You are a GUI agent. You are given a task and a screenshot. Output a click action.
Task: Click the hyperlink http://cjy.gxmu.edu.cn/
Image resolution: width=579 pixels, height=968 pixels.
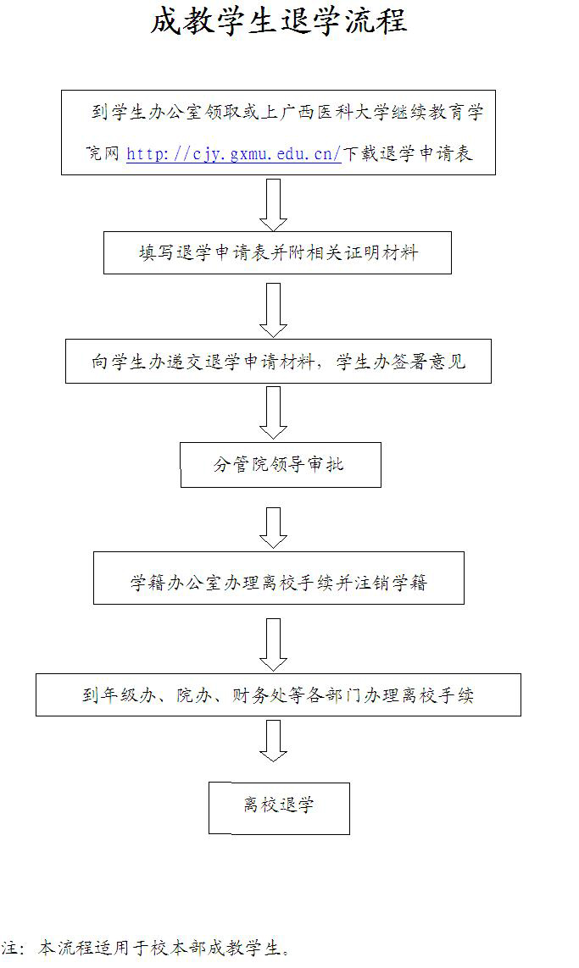pyautogui.click(x=233, y=153)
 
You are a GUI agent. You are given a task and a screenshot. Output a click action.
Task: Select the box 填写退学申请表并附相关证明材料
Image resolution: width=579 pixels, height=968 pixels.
pyautogui.click(x=277, y=252)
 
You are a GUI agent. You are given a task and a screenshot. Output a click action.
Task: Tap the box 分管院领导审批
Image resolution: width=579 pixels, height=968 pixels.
pyautogui.click(x=280, y=464)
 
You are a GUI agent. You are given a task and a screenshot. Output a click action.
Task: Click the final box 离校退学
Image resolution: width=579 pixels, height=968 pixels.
pyautogui.click(x=279, y=807)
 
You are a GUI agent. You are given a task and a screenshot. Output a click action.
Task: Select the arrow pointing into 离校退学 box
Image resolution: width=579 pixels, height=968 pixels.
pyautogui.click(x=273, y=740)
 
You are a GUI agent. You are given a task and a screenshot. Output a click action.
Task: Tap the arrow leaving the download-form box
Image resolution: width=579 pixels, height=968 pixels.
pyautogui.click(x=273, y=204)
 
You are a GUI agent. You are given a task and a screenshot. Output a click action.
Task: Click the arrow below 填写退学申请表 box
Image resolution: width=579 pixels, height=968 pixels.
pyautogui.click(x=273, y=310)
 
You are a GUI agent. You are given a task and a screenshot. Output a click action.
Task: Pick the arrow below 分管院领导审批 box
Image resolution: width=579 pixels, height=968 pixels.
pyautogui.click(x=273, y=527)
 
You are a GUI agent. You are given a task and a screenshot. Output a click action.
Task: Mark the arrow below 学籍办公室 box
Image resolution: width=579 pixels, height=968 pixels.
pyautogui.click(x=273, y=644)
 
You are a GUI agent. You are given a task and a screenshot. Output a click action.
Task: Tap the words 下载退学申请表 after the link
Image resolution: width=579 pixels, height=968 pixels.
pyautogui.click(x=408, y=153)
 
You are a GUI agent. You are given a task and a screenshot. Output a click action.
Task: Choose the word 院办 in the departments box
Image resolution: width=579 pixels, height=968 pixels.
pyautogui.click(x=195, y=695)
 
